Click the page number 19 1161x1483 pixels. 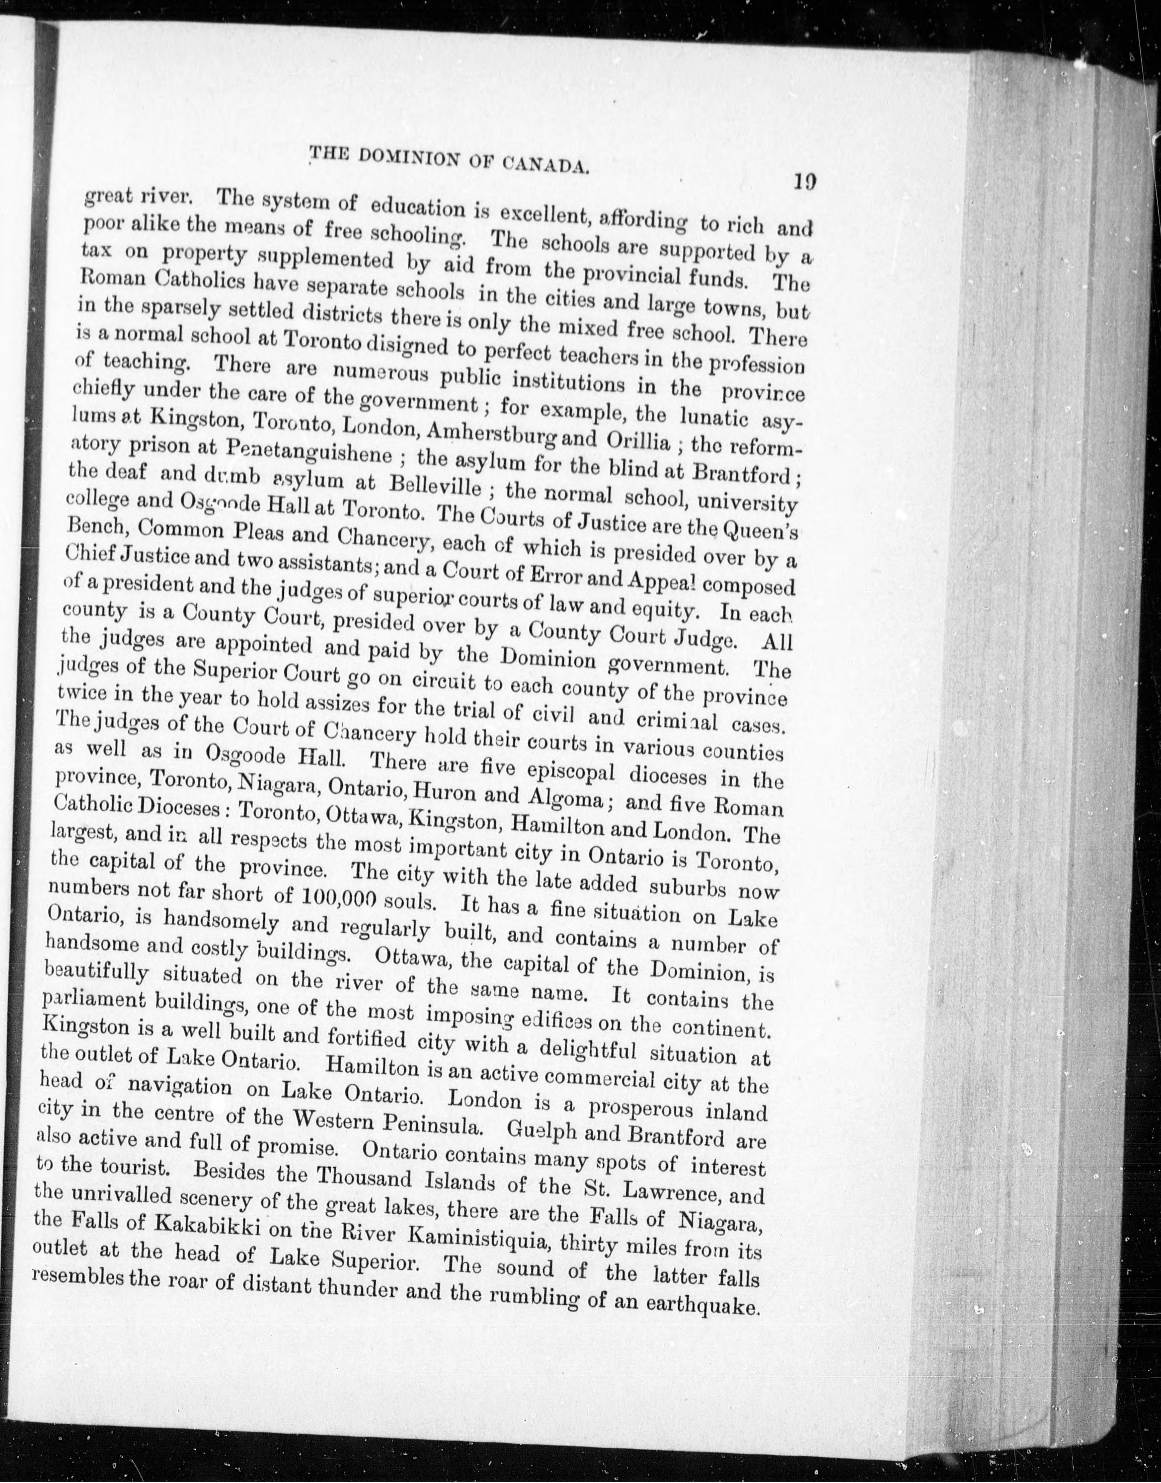click(803, 182)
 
